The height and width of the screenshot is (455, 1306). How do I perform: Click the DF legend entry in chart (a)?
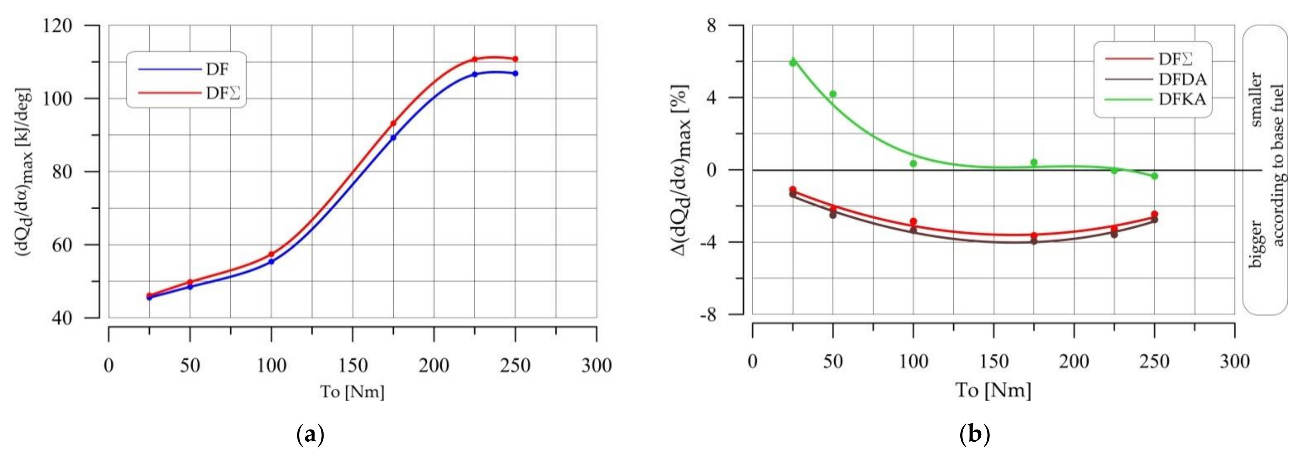(x=217, y=70)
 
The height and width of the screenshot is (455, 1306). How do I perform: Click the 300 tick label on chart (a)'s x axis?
(x=596, y=365)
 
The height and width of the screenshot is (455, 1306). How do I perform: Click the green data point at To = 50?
(x=833, y=94)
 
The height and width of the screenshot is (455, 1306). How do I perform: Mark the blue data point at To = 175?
(x=393, y=138)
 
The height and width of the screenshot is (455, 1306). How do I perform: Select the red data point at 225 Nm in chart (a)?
(x=475, y=59)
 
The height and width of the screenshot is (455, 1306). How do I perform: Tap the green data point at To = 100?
(x=913, y=163)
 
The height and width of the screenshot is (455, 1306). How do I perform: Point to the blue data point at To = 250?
(x=515, y=73)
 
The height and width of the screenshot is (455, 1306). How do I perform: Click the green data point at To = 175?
(x=1034, y=162)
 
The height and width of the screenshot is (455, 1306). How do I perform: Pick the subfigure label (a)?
(x=310, y=435)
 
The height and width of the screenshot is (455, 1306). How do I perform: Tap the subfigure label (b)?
(x=975, y=435)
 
